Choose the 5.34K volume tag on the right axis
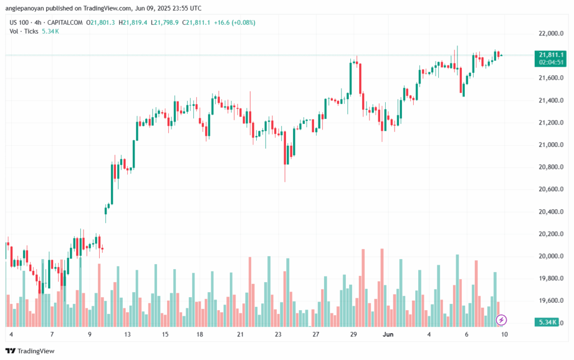pyautogui.click(x=547, y=322)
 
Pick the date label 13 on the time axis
pyautogui.click(x=128, y=335)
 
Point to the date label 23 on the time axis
pyautogui.click(x=278, y=335)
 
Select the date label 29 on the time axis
pyautogui.click(x=354, y=335)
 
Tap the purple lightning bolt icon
pyautogui.click(x=502, y=320)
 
